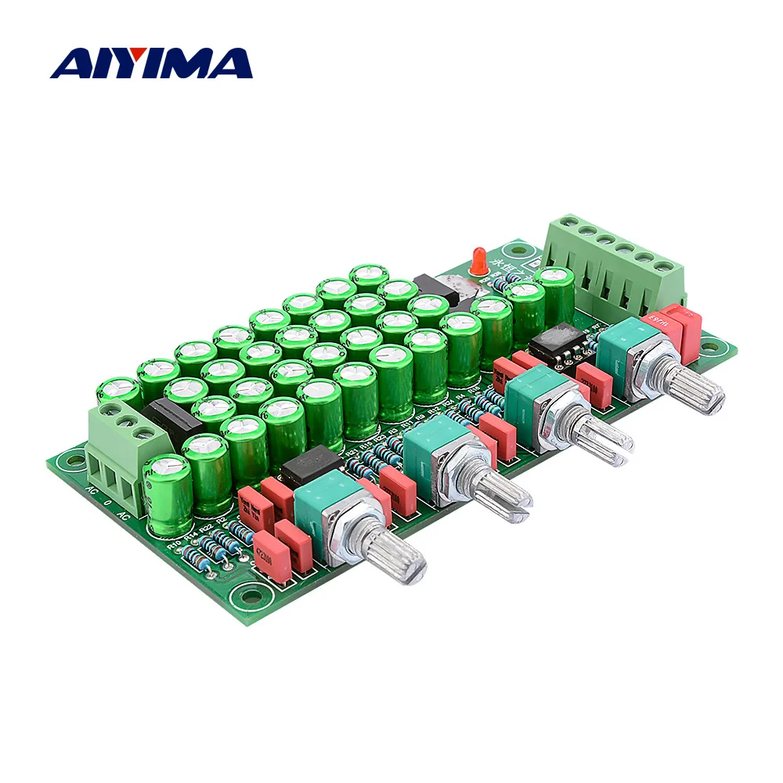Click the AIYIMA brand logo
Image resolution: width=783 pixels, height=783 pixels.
[151, 63]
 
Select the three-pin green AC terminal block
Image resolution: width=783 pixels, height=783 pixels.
[117, 454]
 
